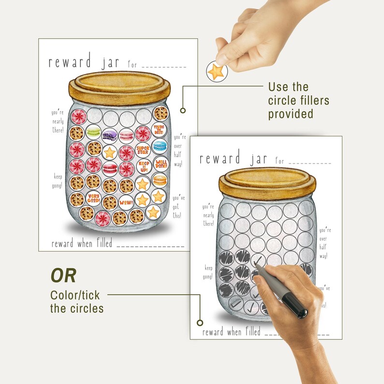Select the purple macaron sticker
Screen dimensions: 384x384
pos(109,134)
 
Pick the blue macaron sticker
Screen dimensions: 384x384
pos(160,146)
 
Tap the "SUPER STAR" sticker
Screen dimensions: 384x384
pos(143,150)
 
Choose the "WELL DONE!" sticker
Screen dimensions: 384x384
pos(160,163)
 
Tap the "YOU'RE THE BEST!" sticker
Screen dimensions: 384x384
pos(159,129)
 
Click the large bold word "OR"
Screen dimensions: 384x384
pos(63,276)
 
